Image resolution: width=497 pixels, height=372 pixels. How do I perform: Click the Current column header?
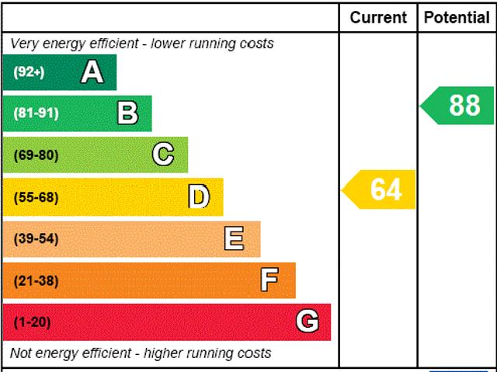[x=378, y=17]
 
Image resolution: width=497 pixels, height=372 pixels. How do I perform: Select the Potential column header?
[x=457, y=17]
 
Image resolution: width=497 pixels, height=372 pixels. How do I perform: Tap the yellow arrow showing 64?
[x=381, y=189]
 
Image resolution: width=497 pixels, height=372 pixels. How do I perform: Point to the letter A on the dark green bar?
[x=92, y=72]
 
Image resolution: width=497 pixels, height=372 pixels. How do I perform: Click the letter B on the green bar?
[x=127, y=113]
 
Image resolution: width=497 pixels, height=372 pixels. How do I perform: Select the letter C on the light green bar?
[x=163, y=155]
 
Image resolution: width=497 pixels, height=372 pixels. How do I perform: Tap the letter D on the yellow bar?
[x=199, y=197]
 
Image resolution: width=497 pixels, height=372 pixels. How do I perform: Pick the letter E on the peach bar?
[x=234, y=238]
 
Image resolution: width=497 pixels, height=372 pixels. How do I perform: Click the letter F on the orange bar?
[x=269, y=280]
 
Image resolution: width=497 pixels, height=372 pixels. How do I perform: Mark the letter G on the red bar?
[x=308, y=322]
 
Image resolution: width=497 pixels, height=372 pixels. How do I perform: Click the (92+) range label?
[x=30, y=72]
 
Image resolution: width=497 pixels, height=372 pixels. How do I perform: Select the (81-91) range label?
[x=36, y=113]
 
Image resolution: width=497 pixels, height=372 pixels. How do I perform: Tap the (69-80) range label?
[x=36, y=155]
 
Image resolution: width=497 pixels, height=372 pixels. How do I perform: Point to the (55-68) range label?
[x=36, y=197]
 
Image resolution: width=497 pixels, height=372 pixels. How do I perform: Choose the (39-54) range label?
[x=36, y=238]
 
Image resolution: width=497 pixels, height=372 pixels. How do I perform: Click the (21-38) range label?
[x=36, y=280]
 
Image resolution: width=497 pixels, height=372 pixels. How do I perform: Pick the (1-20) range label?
[x=33, y=322]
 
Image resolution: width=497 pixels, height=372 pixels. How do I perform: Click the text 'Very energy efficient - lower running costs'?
[x=141, y=43]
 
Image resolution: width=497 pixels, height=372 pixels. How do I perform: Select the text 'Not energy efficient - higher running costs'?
[x=141, y=353]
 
